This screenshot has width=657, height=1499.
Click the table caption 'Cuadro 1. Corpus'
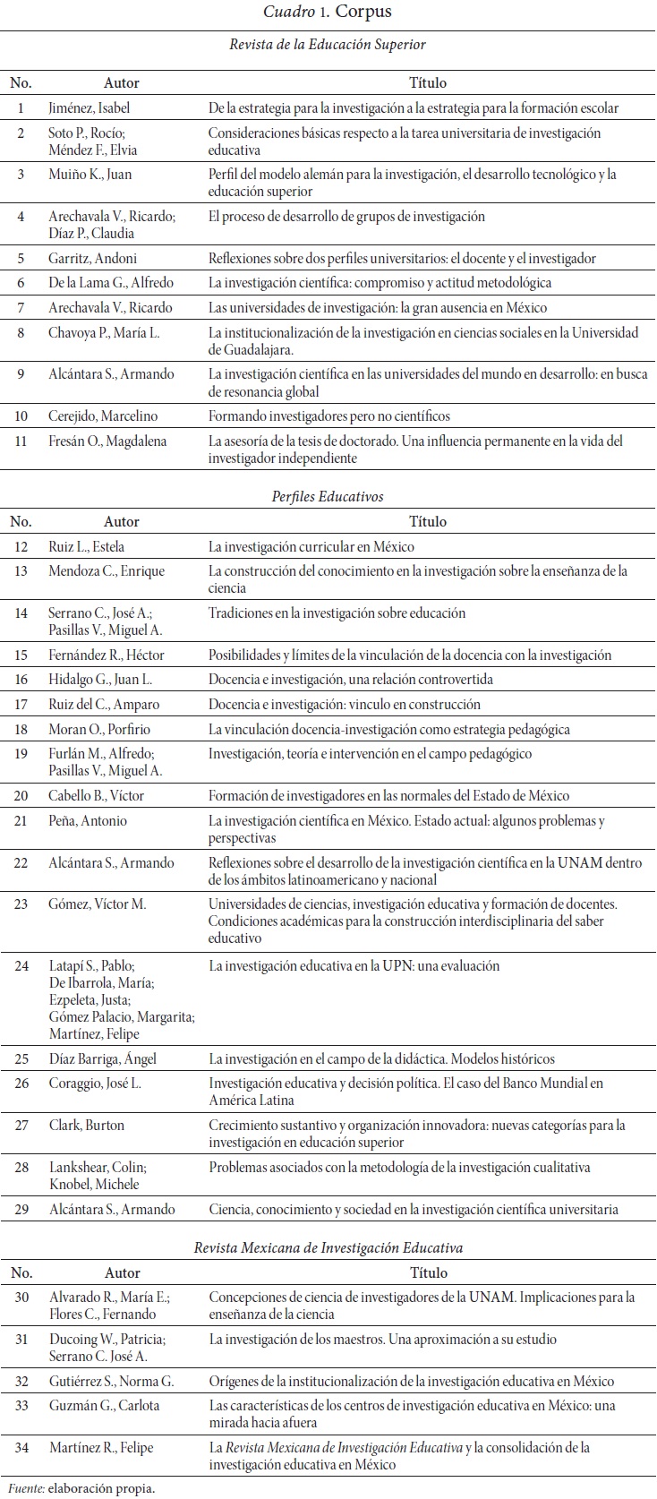click(x=328, y=12)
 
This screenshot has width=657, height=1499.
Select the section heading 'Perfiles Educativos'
click(x=328, y=496)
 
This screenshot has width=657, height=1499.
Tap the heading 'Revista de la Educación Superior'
click(x=328, y=44)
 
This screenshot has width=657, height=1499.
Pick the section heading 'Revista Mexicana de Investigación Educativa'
click(x=328, y=1247)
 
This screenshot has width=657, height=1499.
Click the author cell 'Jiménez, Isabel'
click(x=90, y=108)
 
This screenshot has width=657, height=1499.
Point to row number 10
click(x=21, y=416)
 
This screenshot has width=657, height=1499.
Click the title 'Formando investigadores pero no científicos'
click(x=329, y=416)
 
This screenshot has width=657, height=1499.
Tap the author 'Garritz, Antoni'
click(x=93, y=258)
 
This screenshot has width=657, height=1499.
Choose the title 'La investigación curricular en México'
click(x=311, y=546)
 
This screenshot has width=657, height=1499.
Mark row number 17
click(x=21, y=704)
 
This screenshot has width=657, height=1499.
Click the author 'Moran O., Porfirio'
click(x=100, y=729)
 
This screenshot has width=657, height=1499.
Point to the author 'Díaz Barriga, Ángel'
click(x=102, y=1058)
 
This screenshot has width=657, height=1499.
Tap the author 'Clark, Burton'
click(x=86, y=1126)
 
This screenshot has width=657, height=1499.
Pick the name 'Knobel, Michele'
click(x=94, y=1184)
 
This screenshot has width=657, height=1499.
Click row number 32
click(x=21, y=1381)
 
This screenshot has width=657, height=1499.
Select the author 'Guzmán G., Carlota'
click(x=104, y=1406)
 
